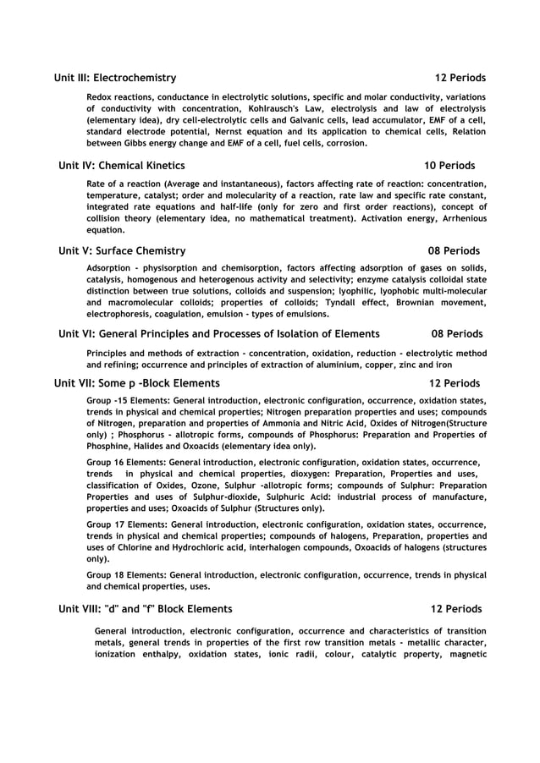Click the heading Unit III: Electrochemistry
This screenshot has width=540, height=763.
coord(115,78)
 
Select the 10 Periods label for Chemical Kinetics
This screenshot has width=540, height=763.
coord(449,166)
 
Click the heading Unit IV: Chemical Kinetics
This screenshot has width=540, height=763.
coord(121,166)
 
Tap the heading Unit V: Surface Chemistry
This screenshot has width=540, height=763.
coord(122,251)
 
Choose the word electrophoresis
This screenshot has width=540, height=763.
coord(123,314)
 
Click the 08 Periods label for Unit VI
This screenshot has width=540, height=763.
coord(457,334)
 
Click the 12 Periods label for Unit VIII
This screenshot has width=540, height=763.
coord(456,609)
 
